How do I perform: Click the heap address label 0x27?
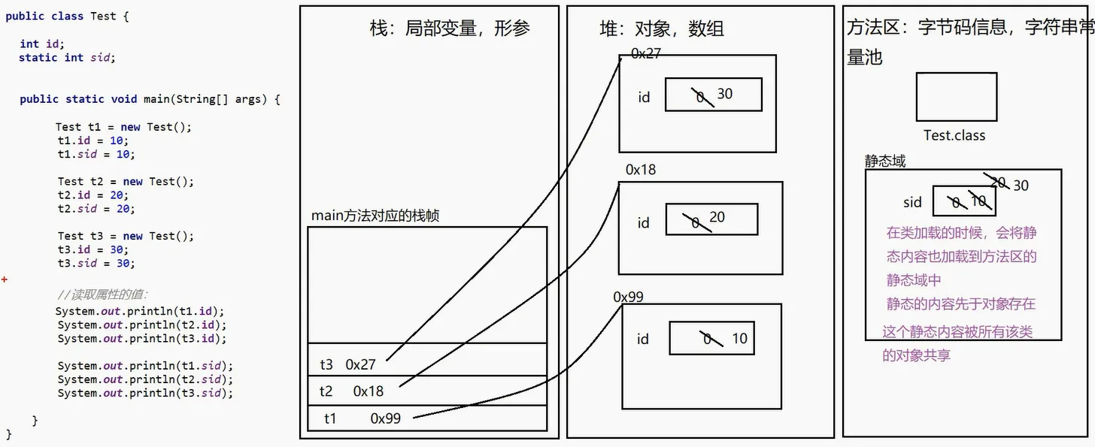646,53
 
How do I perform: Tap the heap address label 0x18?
641,170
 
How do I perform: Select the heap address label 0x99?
629,297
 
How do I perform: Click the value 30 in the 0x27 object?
725,94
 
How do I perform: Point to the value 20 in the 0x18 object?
717,217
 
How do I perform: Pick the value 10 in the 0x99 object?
740,339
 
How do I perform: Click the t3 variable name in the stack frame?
326,364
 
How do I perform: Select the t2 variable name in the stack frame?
326,391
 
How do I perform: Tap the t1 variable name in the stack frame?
330,418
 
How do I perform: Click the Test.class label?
954,136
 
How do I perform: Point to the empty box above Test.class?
957,97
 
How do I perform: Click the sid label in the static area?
913,202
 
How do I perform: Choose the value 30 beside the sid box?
1021,186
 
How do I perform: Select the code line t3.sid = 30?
96,263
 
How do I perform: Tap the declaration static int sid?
67,58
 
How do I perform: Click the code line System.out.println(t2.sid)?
145,379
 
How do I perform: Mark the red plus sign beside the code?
5,279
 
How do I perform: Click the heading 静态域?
885,161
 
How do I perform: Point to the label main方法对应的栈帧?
375,216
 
